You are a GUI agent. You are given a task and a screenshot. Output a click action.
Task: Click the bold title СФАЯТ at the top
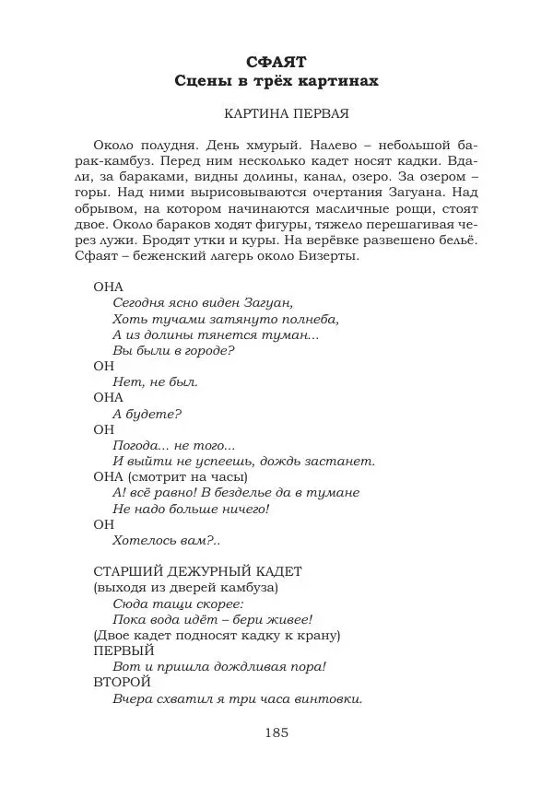pos(276,63)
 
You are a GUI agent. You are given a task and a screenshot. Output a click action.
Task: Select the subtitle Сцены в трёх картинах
pos(276,81)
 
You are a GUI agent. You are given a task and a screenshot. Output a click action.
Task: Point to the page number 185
pos(276,732)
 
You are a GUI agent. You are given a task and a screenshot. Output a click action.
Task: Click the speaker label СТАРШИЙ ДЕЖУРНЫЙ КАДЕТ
pos(198,571)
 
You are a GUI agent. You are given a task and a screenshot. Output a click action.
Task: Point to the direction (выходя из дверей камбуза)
pos(186,587)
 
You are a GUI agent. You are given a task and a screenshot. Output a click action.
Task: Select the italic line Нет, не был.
pos(155,381)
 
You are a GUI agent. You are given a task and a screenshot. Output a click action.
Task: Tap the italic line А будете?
pos(147,414)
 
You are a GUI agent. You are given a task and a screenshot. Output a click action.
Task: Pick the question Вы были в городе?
pos(173,350)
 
